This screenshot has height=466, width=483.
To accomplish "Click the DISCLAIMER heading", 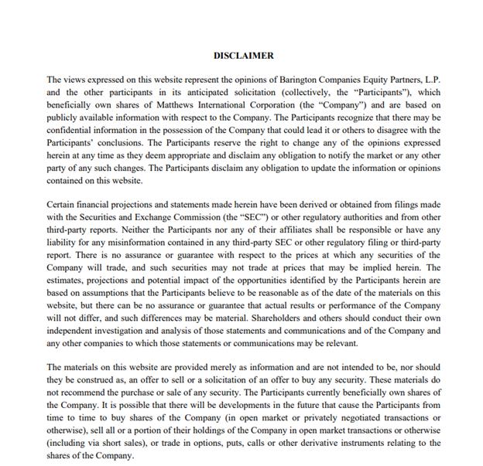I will [243, 56].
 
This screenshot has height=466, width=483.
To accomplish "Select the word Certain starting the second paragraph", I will [62, 205].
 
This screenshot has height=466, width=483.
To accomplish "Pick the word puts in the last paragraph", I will [212, 444].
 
